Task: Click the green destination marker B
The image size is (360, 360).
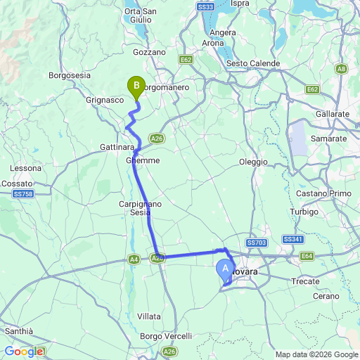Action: point(135,86)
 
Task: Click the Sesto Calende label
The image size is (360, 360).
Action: point(253,63)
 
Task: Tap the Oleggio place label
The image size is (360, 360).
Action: point(254,162)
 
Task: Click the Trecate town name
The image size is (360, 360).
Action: point(306,280)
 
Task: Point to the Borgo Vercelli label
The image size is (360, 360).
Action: point(166,336)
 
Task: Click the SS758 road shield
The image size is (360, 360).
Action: point(23,193)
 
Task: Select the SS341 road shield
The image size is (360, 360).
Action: point(293,240)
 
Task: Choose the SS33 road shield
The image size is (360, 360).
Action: point(205,6)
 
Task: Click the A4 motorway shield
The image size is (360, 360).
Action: point(134,259)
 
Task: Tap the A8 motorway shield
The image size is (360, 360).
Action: point(341,68)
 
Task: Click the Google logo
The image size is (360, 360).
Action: point(24,352)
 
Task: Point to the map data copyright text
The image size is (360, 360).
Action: point(316,354)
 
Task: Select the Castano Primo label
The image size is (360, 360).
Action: point(321,193)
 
